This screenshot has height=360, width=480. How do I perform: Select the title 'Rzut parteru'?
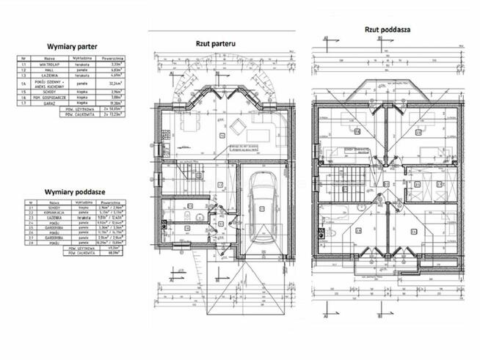(x=214, y=44)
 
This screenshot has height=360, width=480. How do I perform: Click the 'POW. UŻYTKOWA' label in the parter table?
(x=82, y=109)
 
